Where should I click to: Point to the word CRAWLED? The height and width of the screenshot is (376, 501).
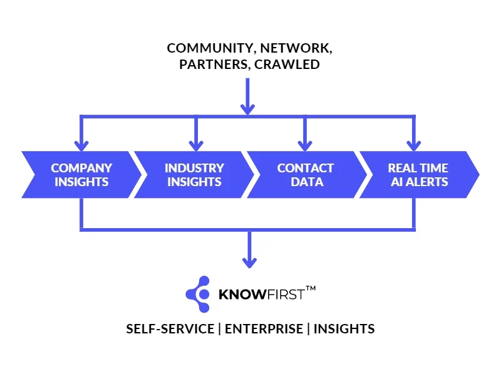tap(287, 64)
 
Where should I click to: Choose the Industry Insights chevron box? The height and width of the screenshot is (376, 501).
tap(194, 175)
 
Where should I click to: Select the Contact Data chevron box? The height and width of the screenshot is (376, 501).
tap(305, 175)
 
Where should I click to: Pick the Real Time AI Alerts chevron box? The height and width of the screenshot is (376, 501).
tap(418, 175)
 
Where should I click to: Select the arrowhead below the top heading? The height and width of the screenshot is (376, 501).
tap(248, 108)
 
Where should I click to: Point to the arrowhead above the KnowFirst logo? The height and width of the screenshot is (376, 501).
tap(250, 261)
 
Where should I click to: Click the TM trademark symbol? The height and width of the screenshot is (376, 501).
tap(311, 289)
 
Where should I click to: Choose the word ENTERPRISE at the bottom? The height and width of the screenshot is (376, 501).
tap(263, 329)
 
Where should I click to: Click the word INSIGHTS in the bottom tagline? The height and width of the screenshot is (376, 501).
tap(344, 329)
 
